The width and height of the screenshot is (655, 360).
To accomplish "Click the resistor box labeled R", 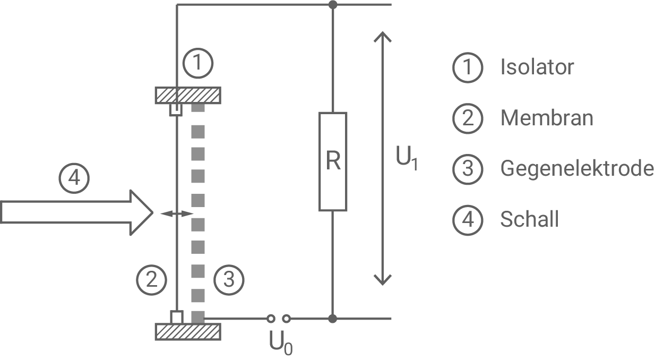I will click(x=333, y=161).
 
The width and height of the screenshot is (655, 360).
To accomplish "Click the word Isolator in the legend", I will click(x=537, y=67).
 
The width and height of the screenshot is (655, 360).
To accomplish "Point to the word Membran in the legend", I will click(x=547, y=118).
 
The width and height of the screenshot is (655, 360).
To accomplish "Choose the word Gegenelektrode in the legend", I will click(x=577, y=168).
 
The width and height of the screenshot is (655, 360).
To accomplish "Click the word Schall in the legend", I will click(x=529, y=219).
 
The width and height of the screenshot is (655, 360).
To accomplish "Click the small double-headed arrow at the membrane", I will click(x=177, y=213).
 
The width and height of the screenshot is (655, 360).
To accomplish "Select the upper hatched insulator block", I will click(x=188, y=96).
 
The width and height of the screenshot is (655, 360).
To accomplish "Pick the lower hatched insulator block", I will click(x=188, y=332).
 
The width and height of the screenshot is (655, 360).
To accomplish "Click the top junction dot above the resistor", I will click(x=333, y=5).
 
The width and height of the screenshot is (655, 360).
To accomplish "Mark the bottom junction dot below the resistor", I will click(x=333, y=319).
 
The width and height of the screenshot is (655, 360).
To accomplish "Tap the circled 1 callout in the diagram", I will click(x=198, y=64).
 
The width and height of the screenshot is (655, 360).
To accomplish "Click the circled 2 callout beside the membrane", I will click(x=152, y=279).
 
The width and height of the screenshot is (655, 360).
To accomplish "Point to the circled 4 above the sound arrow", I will click(x=74, y=178).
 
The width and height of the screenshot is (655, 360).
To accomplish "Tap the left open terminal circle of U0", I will click(x=271, y=319).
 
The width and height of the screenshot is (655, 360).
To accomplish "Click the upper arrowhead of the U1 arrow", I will click(x=382, y=37).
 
